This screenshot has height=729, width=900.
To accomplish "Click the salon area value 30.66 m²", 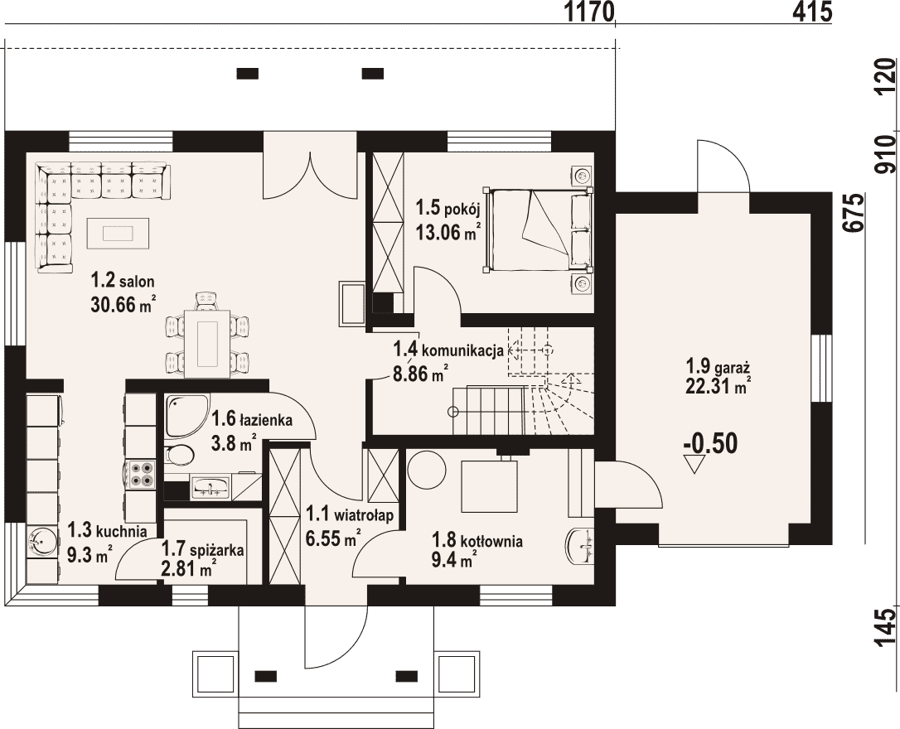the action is [x=123, y=304].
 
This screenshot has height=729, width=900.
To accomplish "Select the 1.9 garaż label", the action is [x=719, y=365].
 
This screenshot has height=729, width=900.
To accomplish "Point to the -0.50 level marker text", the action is [x=710, y=444].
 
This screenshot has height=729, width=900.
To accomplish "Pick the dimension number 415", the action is [x=812, y=12].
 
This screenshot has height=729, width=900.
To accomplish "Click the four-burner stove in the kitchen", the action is [x=141, y=474].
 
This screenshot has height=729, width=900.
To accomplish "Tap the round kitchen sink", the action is [x=42, y=541].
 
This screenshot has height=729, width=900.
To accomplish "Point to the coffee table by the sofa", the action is [x=118, y=234].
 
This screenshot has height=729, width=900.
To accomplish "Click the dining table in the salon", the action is [x=207, y=344].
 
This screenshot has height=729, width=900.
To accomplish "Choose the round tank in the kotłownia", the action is [x=427, y=469].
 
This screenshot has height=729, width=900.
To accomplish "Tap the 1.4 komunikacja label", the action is [x=448, y=350].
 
